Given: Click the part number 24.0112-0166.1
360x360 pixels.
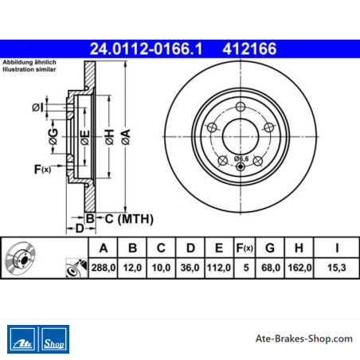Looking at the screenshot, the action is [147, 49].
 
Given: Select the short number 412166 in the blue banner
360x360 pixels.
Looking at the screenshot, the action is [249, 49].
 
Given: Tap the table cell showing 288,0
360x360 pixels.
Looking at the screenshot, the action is [104, 268].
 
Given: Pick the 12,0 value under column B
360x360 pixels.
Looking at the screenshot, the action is [132, 268].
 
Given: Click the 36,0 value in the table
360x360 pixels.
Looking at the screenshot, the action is [190, 268].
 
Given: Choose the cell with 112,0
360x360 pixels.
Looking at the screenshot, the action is [219, 268].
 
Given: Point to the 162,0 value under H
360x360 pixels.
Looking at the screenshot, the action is [299, 268].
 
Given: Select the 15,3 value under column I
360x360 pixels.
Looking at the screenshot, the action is [337, 268].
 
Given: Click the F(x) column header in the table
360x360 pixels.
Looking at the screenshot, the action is [245, 248].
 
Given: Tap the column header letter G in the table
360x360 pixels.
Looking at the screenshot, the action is [270, 248].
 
